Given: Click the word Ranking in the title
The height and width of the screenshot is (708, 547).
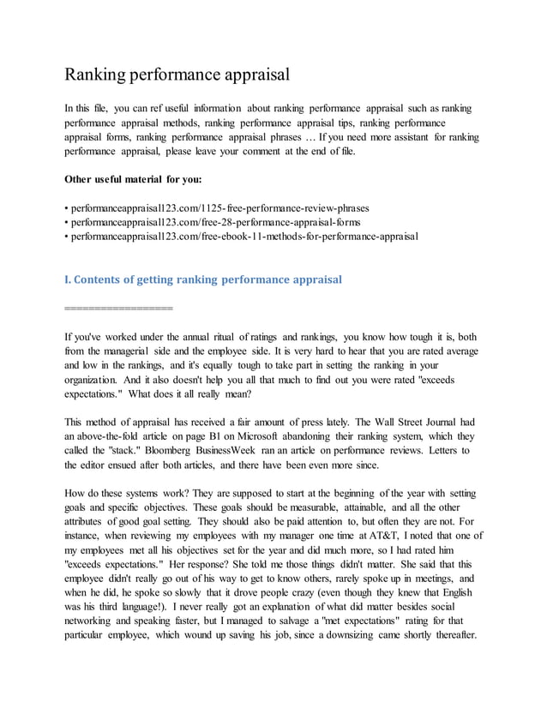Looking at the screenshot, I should [95, 75].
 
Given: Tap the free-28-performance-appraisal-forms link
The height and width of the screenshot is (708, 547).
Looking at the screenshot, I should [215, 221].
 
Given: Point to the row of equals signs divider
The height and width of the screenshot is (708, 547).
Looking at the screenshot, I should [118, 306].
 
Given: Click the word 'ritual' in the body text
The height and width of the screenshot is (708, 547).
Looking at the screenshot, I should [235, 338].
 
